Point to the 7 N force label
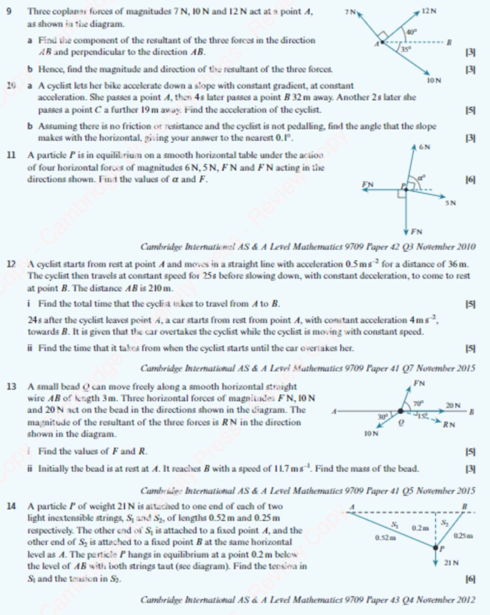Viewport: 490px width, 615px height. (x=350, y=11)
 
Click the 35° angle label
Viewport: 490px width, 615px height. (x=407, y=51)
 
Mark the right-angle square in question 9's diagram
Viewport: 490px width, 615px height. (x=382, y=35)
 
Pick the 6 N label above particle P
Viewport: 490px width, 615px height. (x=424, y=146)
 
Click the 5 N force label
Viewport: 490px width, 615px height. (x=450, y=203)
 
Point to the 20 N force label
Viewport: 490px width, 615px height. (x=453, y=406)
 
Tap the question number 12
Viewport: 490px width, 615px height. (x=11, y=264)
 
